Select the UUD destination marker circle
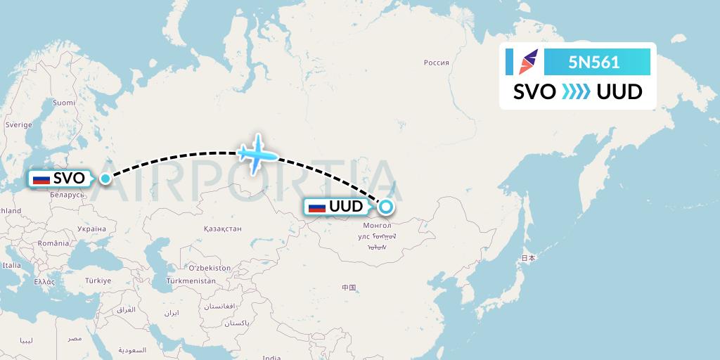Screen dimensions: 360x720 coord(386,207)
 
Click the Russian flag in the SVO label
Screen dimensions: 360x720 coord(42,179)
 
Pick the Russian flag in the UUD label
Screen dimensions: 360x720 coord(317,207)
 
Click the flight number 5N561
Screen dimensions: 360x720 coord(594,62)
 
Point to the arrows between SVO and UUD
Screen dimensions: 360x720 coord(576,91)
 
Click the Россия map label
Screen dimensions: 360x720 coord(436,63)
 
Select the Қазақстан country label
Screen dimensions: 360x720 coord(222,229)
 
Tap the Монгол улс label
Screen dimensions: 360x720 coord(373,231)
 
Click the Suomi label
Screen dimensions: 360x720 coord(64,102)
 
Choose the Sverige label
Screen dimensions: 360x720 coord(19,124)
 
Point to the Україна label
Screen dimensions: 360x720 coord(91,229)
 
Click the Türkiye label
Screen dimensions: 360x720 coord(98,281)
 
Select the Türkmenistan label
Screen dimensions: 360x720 coord(190,281)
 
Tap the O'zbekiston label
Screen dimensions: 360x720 coord(209,268)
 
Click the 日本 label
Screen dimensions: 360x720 coord(527,258)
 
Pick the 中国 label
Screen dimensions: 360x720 coord(349,288)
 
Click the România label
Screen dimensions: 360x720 coord(54,243)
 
